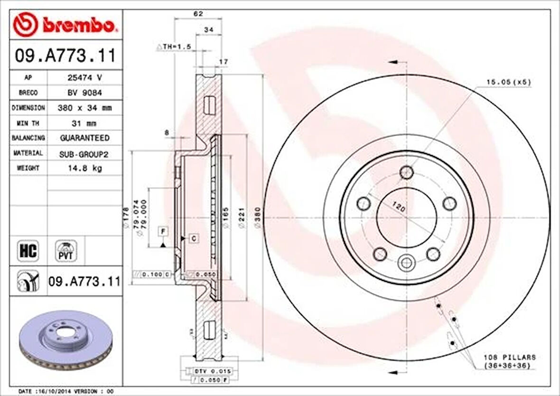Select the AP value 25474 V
click(84, 77)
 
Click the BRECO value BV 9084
click(84, 93)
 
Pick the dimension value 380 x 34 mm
click(84, 108)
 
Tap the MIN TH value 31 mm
click(84, 123)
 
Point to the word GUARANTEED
click(84, 138)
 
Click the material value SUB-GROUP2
click(84, 153)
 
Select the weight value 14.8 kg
click(84, 168)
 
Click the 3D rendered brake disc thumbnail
click(66, 344)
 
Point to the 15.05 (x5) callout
click(508, 82)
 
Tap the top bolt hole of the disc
click(407, 171)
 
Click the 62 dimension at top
click(198, 14)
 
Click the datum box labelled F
click(163, 231)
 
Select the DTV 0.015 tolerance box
click(205, 370)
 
